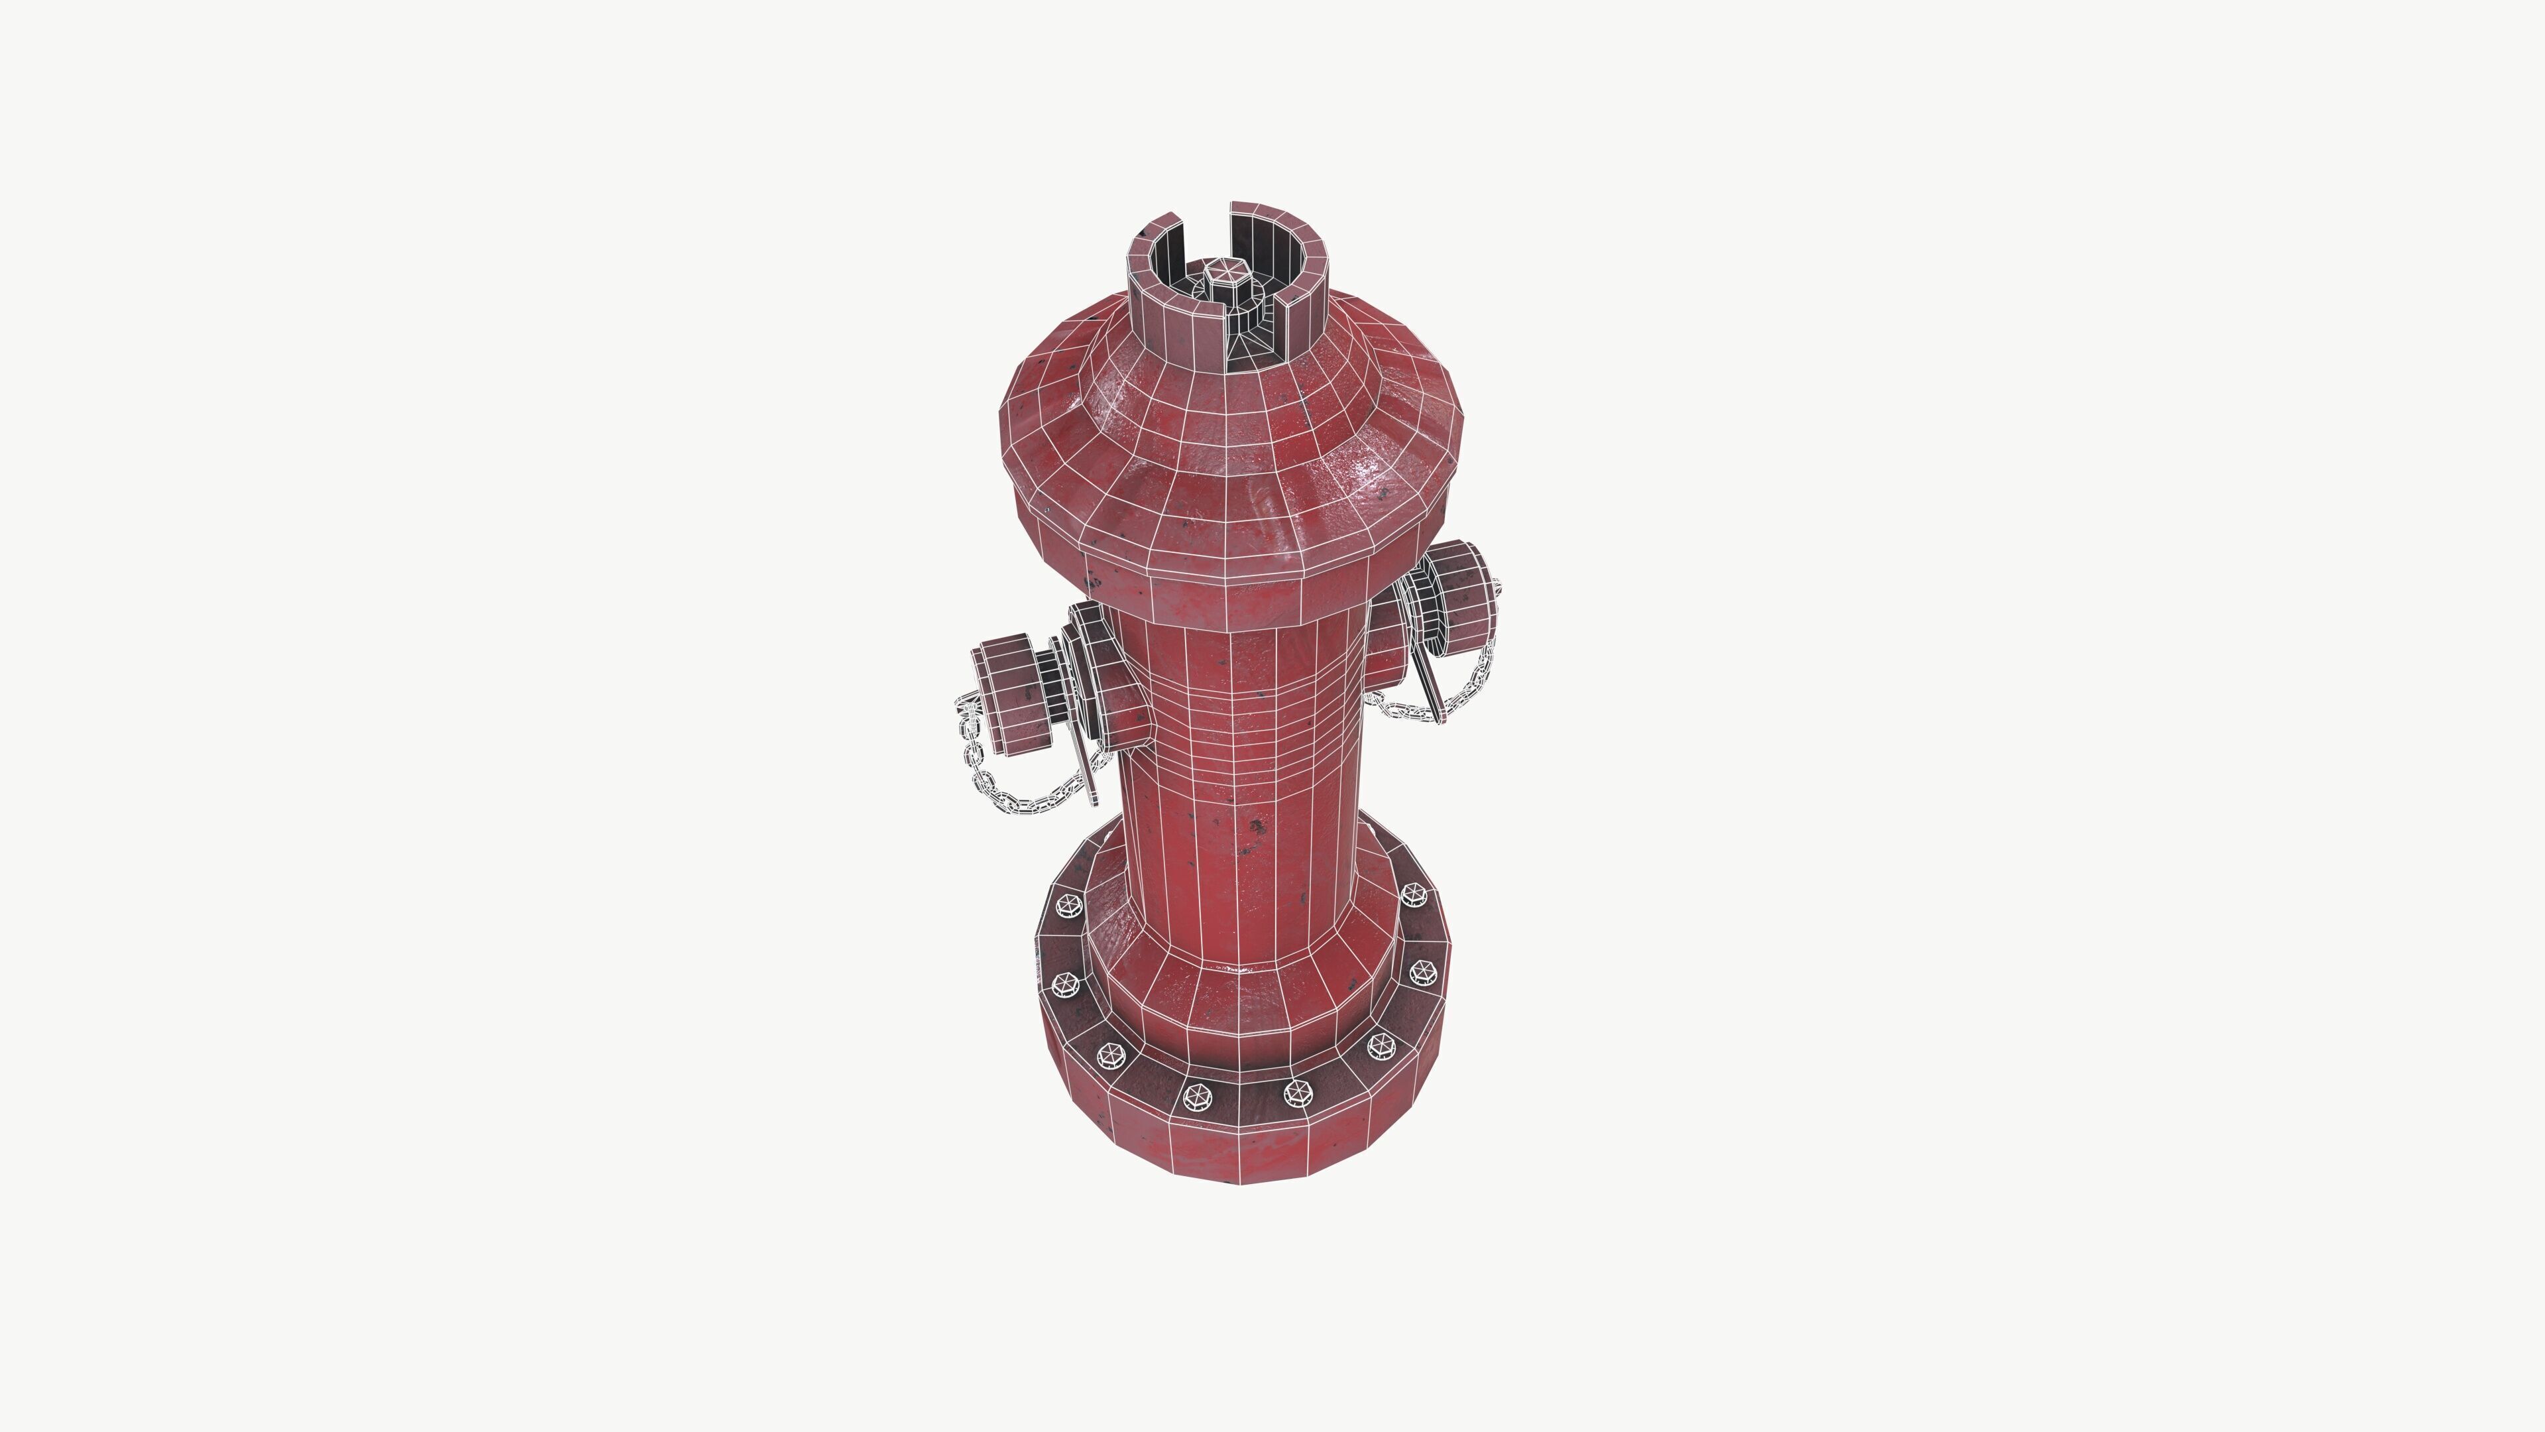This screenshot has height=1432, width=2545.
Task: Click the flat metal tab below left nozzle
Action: (1087, 776)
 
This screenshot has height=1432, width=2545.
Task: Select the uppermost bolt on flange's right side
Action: (1414, 894)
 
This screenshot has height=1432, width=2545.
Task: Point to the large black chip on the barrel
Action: (1257, 825)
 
